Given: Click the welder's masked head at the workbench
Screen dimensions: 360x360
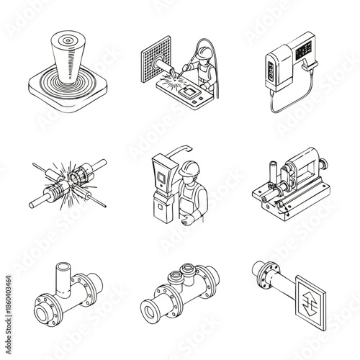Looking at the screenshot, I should pos(204,54).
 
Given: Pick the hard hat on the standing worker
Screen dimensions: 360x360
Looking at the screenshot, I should pos(189,168).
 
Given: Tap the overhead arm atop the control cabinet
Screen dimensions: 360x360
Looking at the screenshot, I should pos(180,148).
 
